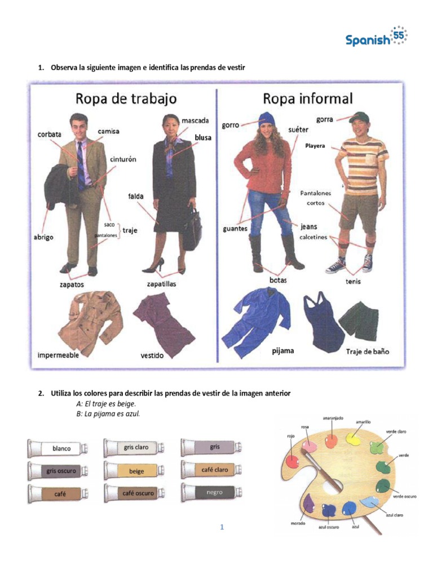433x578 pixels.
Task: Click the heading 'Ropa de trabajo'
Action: [126, 99]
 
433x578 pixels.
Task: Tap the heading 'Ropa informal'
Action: [307, 99]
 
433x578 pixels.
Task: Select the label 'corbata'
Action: [50, 134]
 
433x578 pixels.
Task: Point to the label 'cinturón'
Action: [123, 160]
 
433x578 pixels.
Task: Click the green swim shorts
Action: [359, 320]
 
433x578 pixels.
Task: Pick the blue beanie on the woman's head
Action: [266, 119]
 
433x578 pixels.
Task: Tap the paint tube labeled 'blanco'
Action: [58, 449]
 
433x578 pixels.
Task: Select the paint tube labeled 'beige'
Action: [134, 471]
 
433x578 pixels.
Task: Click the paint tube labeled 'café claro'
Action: [211, 470]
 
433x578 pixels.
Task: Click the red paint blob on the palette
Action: [293, 460]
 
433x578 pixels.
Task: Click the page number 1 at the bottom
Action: [222, 527]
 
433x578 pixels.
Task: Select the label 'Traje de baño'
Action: [367, 351]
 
